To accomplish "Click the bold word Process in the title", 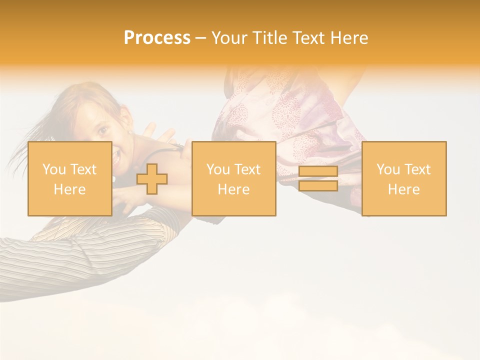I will tap(157, 38).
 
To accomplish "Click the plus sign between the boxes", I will tap(152, 179).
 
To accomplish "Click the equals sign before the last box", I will tap(318, 178).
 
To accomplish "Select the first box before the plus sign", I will tap(69, 178).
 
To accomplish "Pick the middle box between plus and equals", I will tap(233, 178).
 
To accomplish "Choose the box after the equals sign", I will tap(403, 178).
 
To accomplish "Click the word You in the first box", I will tap(54, 169).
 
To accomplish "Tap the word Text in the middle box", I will tap(247, 169).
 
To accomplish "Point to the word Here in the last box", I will tap(403, 189).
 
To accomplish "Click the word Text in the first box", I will tap(83, 169).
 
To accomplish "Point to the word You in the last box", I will tap(388, 169).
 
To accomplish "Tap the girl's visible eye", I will tap(102, 131).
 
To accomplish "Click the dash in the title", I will tap(201, 38).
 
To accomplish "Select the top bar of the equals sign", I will tap(318, 171).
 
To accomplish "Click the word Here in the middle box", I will tap(233, 189).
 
